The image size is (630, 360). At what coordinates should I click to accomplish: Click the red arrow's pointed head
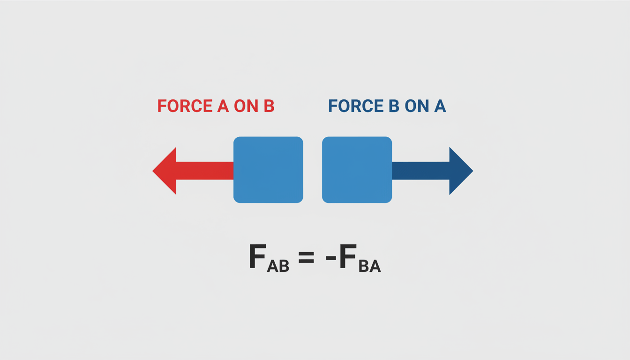pos(165,171)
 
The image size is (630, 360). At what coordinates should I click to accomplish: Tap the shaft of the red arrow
pos(205,171)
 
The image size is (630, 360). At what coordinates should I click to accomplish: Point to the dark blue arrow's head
pos(461,171)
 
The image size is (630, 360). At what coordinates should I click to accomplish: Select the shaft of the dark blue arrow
pos(420,171)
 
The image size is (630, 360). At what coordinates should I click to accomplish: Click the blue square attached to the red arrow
pos(268,170)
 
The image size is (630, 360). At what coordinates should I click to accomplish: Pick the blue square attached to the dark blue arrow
pos(357,170)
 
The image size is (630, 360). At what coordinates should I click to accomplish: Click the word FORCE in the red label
pos(185,106)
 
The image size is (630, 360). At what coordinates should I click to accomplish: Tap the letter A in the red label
pos(223,106)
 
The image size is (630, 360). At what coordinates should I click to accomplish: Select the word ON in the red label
pos(246,106)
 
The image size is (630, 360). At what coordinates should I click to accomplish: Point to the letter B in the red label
pos(269,106)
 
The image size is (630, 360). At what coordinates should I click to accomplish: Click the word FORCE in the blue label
pos(356,106)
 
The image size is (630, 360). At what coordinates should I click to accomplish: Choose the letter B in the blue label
pos(394,106)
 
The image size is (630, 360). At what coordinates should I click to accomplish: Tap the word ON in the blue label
pos(417,106)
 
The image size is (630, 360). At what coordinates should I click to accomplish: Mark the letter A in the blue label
pos(440,106)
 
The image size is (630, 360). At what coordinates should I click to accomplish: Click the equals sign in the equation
pos(306,257)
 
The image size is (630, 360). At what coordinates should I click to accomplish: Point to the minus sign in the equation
pos(331,258)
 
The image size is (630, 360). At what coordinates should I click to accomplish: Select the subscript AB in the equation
pos(278,266)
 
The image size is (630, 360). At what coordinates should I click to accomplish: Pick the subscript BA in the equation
pos(370,266)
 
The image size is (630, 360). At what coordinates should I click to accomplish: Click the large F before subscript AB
pos(257,256)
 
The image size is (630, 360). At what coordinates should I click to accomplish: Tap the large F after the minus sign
pos(348,256)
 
